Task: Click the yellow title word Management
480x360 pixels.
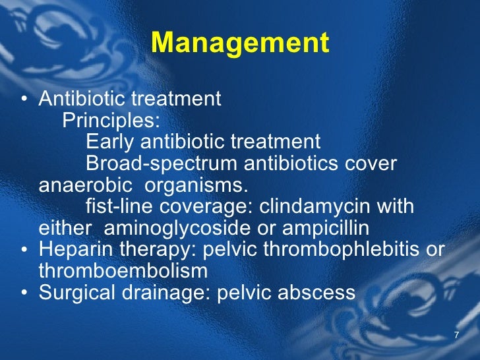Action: point(240,44)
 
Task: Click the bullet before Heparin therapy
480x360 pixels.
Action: point(24,251)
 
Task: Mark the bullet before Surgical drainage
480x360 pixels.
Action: point(24,293)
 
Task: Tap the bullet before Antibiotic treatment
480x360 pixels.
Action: point(24,100)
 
